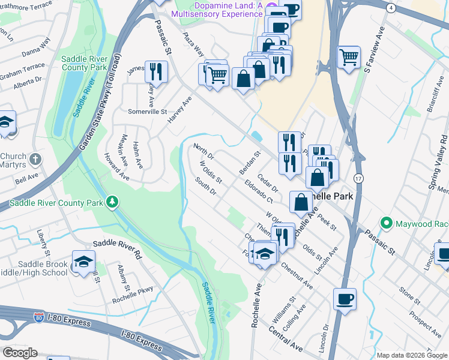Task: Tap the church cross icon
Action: pos(36,160)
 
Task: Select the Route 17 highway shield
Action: pos(358,179)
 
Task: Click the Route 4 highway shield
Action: pos(391,8)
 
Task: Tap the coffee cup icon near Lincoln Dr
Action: pos(345,299)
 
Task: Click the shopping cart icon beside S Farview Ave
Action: pos(349,58)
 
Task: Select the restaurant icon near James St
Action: pos(157,71)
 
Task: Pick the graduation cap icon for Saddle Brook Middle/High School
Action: pos(83,261)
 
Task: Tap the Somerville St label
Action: pos(147,112)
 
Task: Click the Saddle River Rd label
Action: pos(116,245)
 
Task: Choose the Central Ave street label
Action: pos(285,338)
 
